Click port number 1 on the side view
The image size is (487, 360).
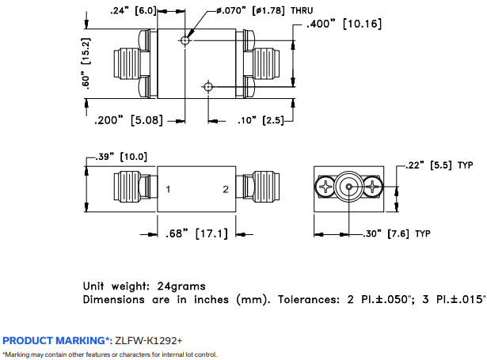pyautogui.click(x=169, y=189)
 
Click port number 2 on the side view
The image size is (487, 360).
pyautogui.click(x=225, y=189)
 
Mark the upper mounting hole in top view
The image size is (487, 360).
pyautogui.click(x=185, y=40)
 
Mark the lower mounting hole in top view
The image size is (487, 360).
pyautogui.click(x=208, y=85)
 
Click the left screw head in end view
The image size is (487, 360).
pyautogui.click(x=327, y=188)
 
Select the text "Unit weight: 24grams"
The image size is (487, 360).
pyautogui.click(x=144, y=286)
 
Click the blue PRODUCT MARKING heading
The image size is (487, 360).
pyautogui.click(x=56, y=339)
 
